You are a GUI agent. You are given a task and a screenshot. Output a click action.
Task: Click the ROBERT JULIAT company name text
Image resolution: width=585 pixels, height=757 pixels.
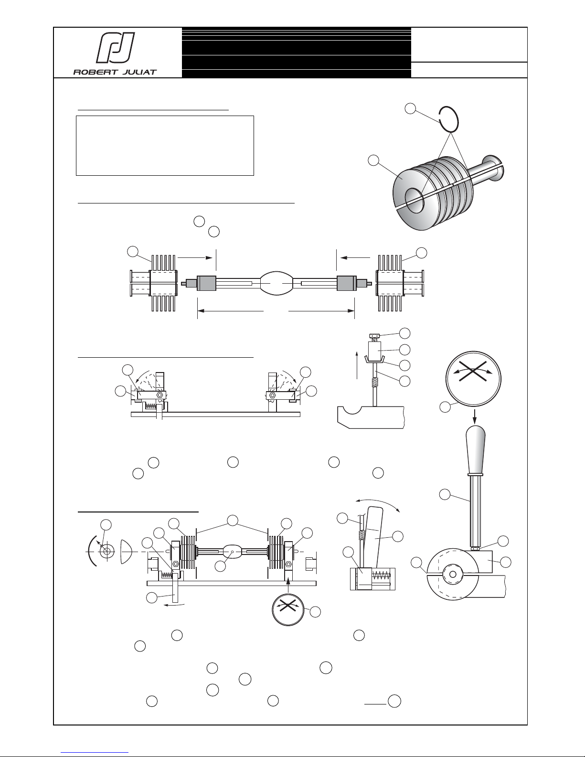click(x=115, y=72)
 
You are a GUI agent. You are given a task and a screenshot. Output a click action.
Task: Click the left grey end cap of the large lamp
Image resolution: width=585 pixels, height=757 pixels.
click(x=207, y=283)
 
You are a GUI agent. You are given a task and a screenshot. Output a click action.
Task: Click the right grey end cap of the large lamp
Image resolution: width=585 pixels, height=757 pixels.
click(x=347, y=283)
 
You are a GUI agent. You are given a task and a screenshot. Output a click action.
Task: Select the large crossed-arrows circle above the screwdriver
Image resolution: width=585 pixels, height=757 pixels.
click(x=474, y=379)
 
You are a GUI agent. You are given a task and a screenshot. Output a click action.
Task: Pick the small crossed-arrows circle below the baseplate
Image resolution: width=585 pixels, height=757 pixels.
click(x=288, y=609)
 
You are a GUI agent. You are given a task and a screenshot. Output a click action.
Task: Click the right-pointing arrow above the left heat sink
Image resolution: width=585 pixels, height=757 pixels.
click(x=195, y=258)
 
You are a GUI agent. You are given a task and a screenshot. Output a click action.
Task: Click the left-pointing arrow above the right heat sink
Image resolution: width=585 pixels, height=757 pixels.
click(x=355, y=258)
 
